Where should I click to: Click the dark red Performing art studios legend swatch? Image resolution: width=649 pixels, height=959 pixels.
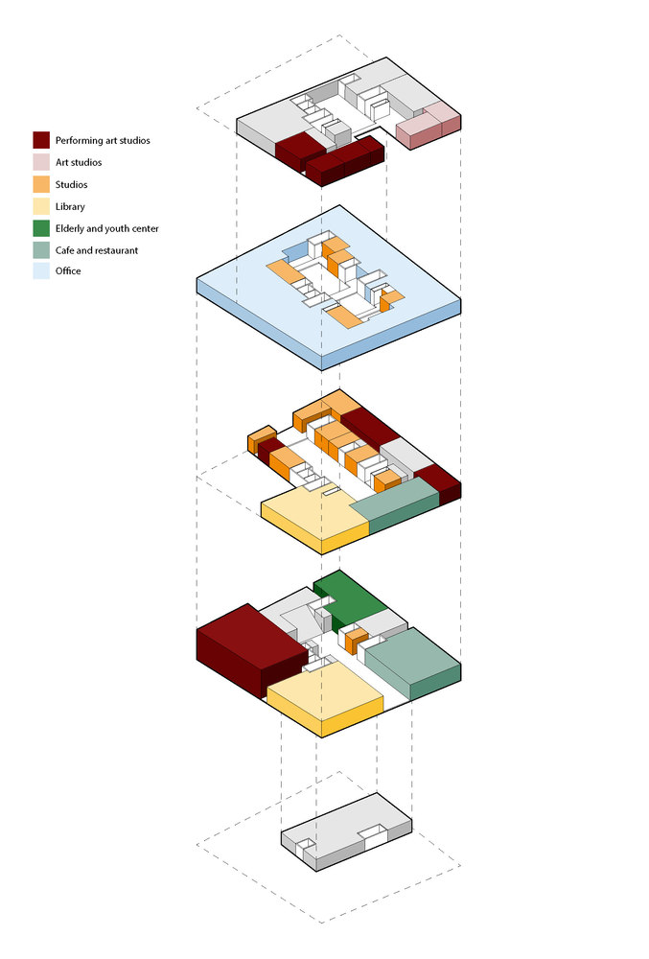tap(41, 140)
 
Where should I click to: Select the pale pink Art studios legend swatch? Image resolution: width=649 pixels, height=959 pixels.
tap(41, 162)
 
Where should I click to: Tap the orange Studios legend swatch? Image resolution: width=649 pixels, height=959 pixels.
tap(41, 184)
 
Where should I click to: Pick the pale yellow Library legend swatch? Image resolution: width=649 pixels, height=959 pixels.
tap(41, 206)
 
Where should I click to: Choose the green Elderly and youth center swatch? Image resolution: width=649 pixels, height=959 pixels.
tap(41, 228)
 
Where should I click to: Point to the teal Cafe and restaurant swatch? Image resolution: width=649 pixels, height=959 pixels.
tap(41, 250)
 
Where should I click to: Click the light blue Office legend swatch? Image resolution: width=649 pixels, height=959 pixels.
tap(41, 271)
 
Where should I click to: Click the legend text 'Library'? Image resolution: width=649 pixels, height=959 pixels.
tap(70, 207)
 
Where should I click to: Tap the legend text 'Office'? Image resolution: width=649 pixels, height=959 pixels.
tap(68, 271)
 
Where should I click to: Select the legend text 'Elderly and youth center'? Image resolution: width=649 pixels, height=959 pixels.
tap(107, 229)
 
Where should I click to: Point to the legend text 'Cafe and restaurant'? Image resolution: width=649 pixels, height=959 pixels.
tap(97, 250)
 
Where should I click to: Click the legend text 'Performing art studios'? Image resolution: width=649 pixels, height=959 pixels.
tap(103, 141)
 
